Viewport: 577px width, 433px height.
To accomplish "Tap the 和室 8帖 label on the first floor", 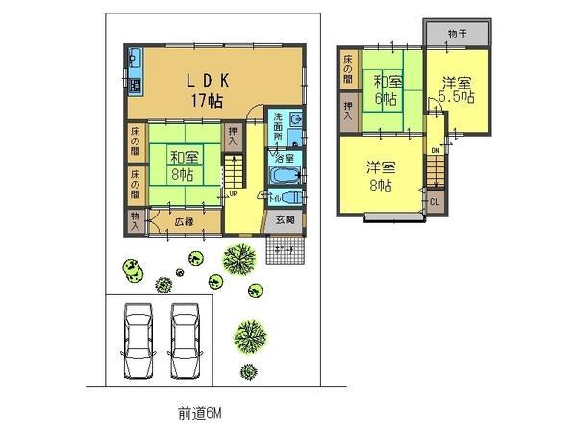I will [x=182, y=166].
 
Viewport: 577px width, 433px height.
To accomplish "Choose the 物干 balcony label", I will [x=457, y=33].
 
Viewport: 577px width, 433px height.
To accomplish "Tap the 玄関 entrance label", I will [x=287, y=219].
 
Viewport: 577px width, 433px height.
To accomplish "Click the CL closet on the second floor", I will [x=435, y=201].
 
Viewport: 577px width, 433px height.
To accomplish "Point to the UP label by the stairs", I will [x=233, y=193].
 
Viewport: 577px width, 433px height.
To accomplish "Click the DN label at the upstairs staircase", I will [x=435, y=151].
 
